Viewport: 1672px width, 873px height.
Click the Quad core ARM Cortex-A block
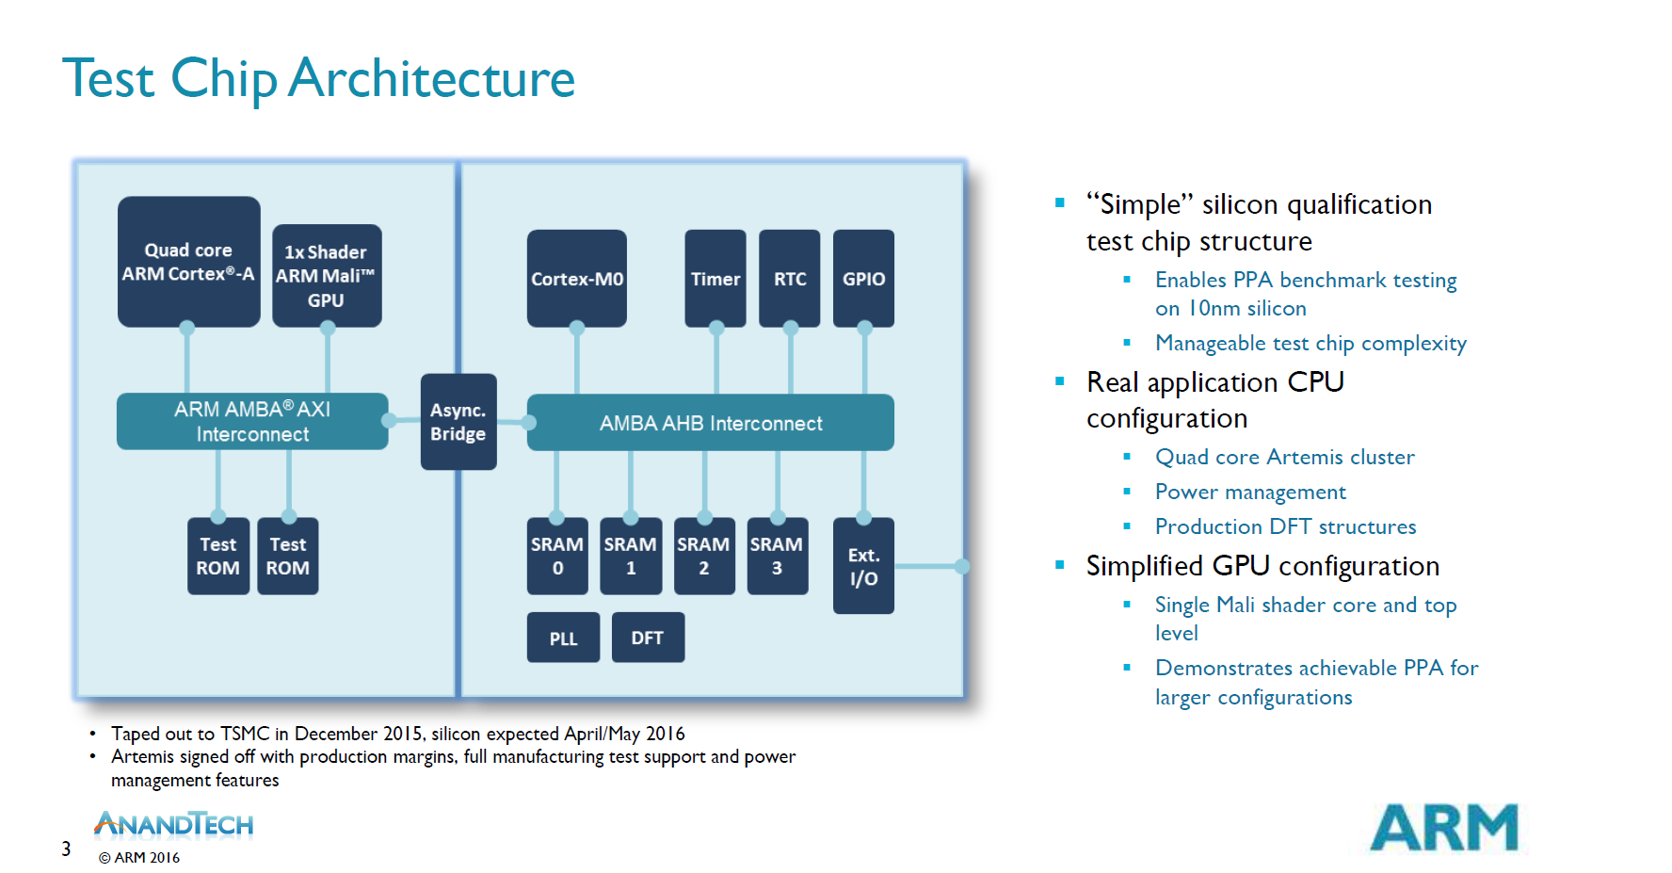[x=188, y=262]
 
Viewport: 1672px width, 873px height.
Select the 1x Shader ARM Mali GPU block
[x=327, y=276]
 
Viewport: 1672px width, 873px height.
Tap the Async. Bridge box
[x=458, y=422]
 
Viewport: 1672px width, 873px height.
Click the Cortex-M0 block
[x=577, y=279]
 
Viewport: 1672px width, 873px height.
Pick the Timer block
[x=715, y=279]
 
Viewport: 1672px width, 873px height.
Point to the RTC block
[x=790, y=279]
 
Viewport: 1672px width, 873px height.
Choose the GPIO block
[x=864, y=279]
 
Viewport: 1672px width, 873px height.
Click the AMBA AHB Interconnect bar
[x=711, y=423]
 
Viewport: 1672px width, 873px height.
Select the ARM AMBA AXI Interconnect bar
[x=252, y=421]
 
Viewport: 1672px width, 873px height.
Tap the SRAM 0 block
[x=557, y=557]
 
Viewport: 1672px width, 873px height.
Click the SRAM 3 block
[x=778, y=557]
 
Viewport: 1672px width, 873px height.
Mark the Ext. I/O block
[x=864, y=566]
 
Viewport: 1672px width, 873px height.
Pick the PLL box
[x=563, y=638]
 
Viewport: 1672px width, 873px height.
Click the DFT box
[x=648, y=638]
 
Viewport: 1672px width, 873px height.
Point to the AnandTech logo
[x=174, y=825]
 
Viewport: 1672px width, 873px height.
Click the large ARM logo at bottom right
[x=1444, y=828]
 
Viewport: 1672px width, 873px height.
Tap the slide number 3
[x=66, y=849]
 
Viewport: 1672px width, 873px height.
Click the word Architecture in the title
[x=432, y=78]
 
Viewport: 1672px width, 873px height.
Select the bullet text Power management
[x=1250, y=493]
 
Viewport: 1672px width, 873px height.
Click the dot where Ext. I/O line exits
[x=962, y=566]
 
